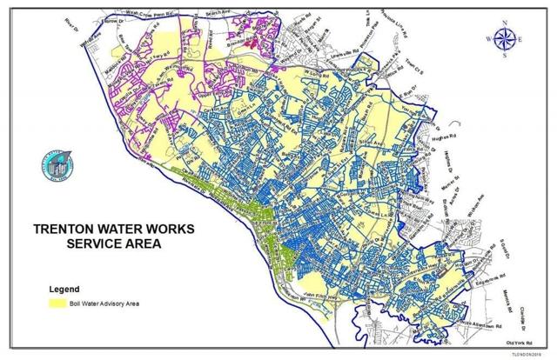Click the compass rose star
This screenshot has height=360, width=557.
pyautogui.click(x=502, y=37)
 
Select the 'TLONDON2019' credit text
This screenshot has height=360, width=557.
pyautogui.click(x=530, y=354)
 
